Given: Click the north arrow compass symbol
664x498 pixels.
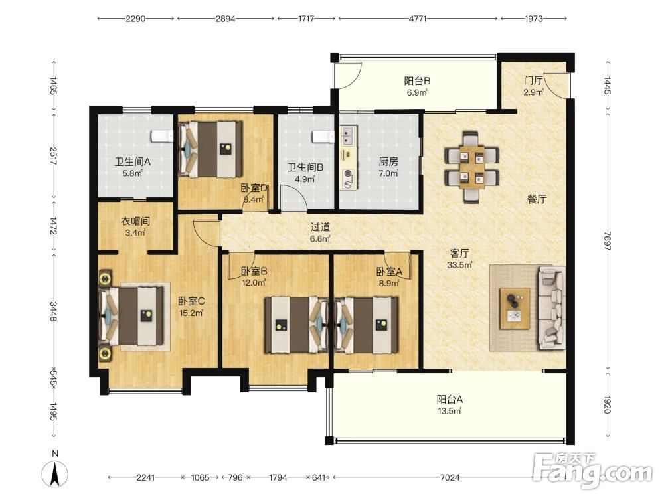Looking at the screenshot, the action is [54, 474].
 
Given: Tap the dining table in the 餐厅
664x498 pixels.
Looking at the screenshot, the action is [471, 167].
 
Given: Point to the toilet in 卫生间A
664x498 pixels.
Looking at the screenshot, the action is [162, 136].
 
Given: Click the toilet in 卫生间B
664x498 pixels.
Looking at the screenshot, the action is [323, 137].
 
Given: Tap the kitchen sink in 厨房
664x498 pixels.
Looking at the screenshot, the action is [349, 135].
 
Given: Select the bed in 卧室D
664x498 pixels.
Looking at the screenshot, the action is [210, 149].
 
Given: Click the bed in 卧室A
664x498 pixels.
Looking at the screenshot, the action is [367, 325].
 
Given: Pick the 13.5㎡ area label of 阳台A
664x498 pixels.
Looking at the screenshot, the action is [450, 411].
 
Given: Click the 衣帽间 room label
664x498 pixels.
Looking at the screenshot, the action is [135, 221].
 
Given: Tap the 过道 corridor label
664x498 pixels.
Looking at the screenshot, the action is [320, 227].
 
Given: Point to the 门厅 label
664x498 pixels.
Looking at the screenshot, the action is [533, 80].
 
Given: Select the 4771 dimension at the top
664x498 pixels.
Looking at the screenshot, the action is [418, 19].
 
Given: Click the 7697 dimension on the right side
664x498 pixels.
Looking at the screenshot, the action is [608, 241].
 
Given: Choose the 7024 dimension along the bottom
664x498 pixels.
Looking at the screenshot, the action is [450, 477].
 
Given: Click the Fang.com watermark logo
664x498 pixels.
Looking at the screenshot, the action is [592, 470].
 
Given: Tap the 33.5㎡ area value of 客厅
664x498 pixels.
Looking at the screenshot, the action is [459, 265].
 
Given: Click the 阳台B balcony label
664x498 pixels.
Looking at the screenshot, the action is [417, 80].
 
